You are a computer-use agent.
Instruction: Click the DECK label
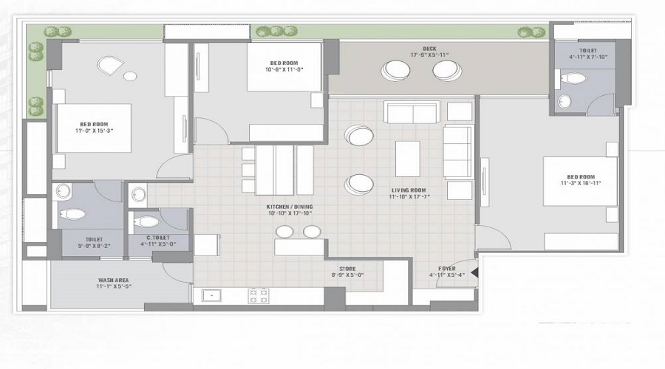click(429, 49)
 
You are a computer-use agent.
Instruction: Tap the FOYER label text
click(447, 269)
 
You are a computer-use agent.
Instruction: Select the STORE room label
click(347, 269)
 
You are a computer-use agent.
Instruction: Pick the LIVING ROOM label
click(409, 190)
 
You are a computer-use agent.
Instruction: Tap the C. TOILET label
click(154, 238)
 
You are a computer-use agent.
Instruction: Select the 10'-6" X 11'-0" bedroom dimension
click(284, 70)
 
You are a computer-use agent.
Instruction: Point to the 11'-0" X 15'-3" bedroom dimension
click(94, 131)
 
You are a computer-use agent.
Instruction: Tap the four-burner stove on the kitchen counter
click(258, 296)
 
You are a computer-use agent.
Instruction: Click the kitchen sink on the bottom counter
click(212, 295)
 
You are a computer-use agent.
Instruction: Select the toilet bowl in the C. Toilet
click(148, 221)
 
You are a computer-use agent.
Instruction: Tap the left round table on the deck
click(396, 70)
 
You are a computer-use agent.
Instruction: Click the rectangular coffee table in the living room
click(407, 159)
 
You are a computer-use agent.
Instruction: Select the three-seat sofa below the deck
click(412, 112)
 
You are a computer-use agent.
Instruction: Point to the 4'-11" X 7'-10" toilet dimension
click(587, 57)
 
